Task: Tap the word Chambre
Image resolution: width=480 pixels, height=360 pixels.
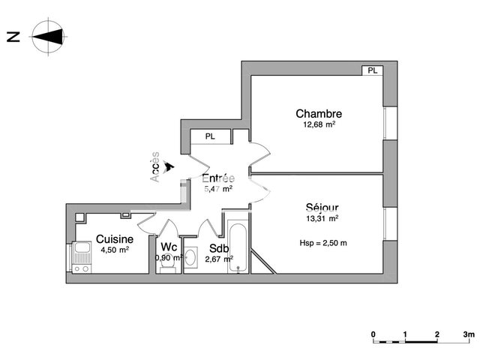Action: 319,114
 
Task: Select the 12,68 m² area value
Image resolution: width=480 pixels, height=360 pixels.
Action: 319,125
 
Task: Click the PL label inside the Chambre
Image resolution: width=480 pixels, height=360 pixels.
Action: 372,70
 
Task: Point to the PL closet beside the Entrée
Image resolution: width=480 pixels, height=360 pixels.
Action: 210,136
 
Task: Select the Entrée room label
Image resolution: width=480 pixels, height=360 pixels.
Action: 218,178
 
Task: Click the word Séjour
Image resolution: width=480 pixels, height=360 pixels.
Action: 322,208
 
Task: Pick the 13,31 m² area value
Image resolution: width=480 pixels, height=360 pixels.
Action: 322,219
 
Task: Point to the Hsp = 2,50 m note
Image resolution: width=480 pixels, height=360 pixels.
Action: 322,243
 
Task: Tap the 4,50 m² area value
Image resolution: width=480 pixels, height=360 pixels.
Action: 114,250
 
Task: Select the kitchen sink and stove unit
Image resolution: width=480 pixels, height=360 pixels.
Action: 82,258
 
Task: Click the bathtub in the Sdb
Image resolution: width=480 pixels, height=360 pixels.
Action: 238,247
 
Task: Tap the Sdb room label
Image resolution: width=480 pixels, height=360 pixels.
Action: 219,248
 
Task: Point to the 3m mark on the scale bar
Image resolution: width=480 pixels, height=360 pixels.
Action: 469,333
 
